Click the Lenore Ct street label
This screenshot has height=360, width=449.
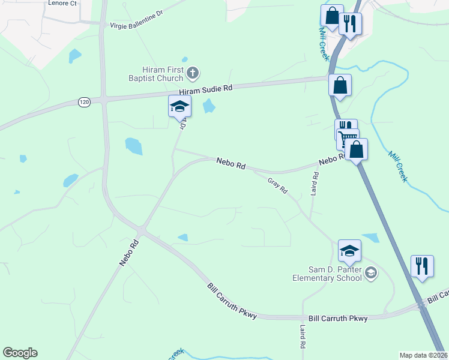62,3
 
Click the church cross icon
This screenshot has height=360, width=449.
193,74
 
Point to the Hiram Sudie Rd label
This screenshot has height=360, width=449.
206,88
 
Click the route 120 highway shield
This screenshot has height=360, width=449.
84,103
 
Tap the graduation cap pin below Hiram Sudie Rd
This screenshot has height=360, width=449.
179,107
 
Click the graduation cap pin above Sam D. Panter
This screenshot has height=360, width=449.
349,251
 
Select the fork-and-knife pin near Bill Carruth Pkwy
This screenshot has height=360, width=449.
422,266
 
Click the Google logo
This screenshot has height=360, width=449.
20,353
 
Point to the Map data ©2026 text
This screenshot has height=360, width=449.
424,355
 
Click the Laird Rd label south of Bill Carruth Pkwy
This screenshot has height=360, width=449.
303,337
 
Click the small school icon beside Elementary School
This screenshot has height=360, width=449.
371,273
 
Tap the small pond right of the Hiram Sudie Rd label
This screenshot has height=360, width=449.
209,107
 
